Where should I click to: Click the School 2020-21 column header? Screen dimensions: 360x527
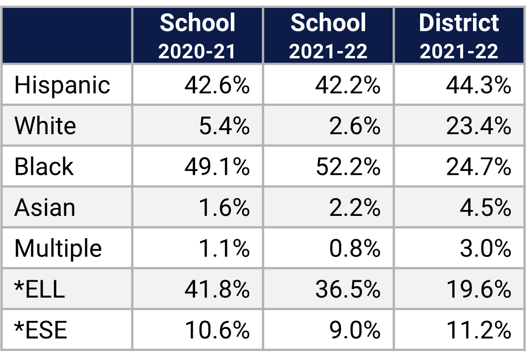pyautogui.click(x=197, y=36)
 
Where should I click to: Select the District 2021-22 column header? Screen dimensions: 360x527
pyautogui.click(x=459, y=36)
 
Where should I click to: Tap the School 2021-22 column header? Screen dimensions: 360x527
pyautogui.click(x=328, y=36)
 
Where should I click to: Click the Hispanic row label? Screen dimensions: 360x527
pyautogui.click(x=62, y=85)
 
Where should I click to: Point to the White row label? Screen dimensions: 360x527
pyautogui.click(x=45, y=126)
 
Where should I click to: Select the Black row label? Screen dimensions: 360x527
pyautogui.click(x=44, y=166)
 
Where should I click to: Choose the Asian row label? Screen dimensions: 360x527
pyautogui.click(x=45, y=207)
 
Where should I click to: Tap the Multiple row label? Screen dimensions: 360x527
pyautogui.click(x=58, y=249)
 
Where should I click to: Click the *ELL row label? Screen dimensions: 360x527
pyautogui.click(x=40, y=289)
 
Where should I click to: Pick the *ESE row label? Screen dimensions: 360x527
pyautogui.click(x=41, y=330)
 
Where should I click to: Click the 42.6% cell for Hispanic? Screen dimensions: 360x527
pyautogui.click(x=217, y=85)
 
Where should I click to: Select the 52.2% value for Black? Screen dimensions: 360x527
pyautogui.click(x=348, y=166)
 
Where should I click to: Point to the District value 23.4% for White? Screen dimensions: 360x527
pyautogui.click(x=478, y=126)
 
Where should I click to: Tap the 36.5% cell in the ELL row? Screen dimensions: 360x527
pyautogui.click(x=348, y=289)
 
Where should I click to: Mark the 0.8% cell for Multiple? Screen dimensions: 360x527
pyautogui.click(x=355, y=249)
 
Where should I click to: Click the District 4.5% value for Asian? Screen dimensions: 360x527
pyautogui.click(x=485, y=207)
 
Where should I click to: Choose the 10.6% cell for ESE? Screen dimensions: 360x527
pyautogui.click(x=217, y=330)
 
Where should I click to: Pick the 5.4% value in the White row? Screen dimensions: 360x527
pyautogui.click(x=224, y=126)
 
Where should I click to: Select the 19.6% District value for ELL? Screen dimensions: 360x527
pyautogui.click(x=478, y=289)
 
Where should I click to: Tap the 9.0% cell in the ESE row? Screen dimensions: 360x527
pyautogui.click(x=355, y=330)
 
